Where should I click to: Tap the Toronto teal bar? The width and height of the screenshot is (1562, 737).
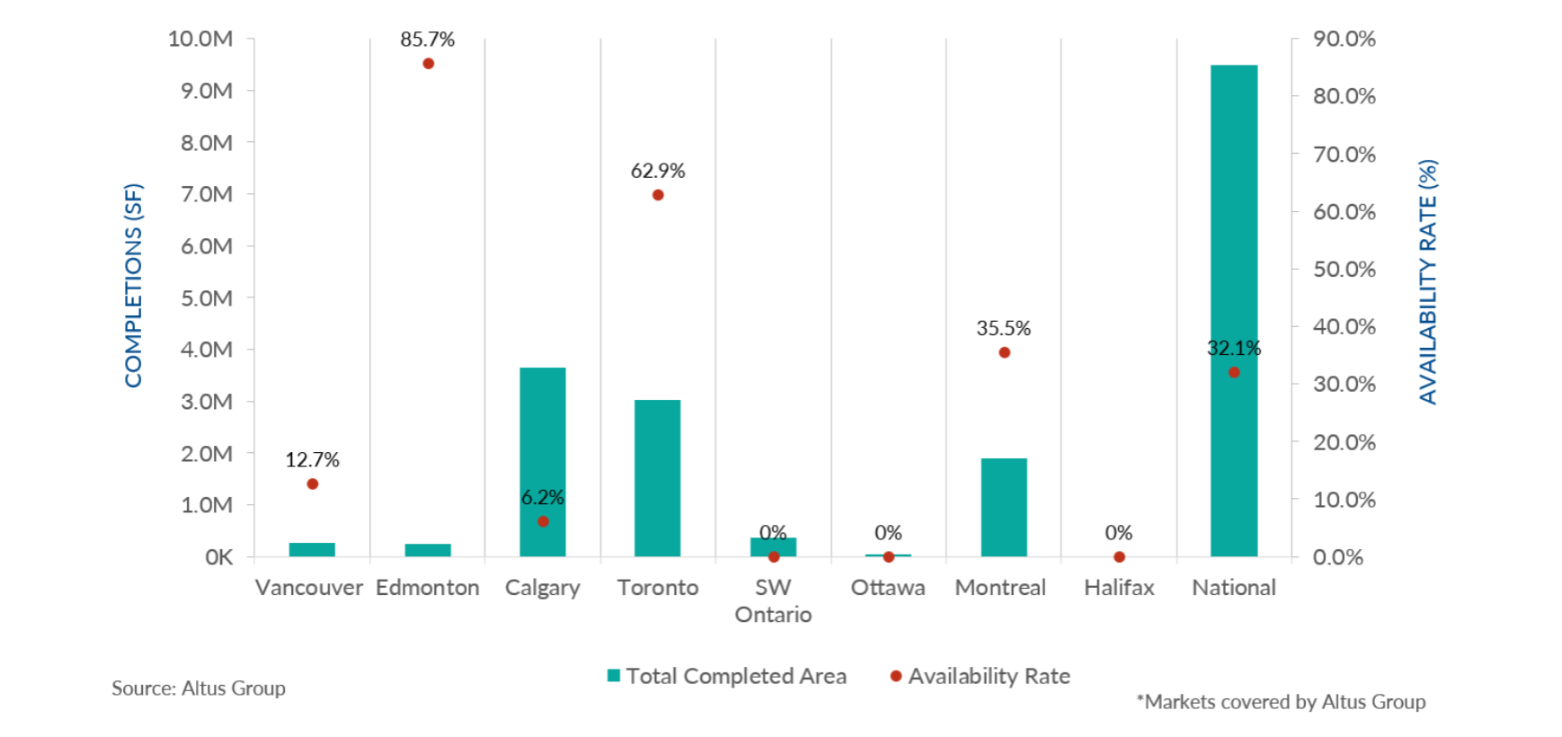[657, 478]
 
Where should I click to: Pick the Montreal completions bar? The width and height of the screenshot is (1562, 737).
[1003, 508]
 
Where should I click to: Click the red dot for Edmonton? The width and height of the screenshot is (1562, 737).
[428, 64]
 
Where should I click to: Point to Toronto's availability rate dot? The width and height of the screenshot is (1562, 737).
[658, 195]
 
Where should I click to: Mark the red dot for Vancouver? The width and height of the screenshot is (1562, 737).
[313, 484]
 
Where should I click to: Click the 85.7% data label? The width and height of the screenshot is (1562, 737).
[428, 40]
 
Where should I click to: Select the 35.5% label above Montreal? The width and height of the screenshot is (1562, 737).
[1003, 329]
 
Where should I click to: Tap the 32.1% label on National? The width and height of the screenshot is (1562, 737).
[1233, 349]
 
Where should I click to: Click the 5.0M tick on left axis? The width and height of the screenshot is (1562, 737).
[207, 298]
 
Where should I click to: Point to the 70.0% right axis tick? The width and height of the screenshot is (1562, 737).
[1344, 155]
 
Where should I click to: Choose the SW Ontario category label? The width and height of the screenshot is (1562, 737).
[773, 600]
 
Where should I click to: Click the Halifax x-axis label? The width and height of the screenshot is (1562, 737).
[1118, 588]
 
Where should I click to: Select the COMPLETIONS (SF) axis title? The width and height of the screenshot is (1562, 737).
[134, 286]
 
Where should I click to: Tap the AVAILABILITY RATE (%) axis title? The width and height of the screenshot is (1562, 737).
[1427, 282]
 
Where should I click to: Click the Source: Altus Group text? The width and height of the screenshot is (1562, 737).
[199, 688]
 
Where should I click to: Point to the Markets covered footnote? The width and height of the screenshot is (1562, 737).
[1281, 702]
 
